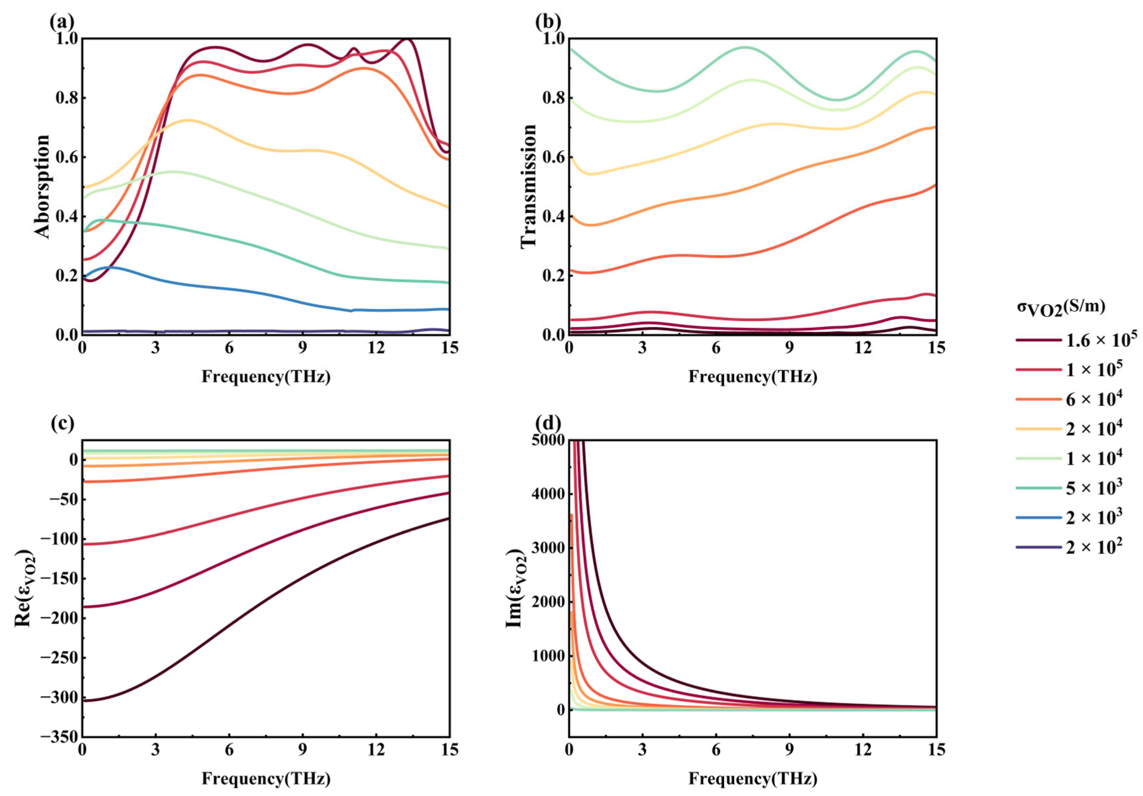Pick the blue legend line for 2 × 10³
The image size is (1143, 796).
tap(1038, 518)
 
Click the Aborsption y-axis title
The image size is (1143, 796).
tap(42, 186)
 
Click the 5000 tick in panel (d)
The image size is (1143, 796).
tap(547, 440)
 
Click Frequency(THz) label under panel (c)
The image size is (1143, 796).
tap(266, 778)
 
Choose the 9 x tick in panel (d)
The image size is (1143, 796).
tap(790, 750)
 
